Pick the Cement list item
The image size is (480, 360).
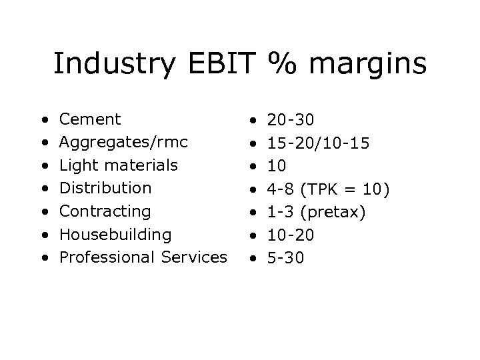click(x=90, y=119)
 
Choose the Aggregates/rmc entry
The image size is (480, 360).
click(x=123, y=143)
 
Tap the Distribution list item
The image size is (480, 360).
click(x=105, y=188)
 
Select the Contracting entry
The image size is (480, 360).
click(x=105, y=211)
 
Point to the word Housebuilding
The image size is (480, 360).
click(x=115, y=234)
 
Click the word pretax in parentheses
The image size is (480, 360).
click(x=341, y=211)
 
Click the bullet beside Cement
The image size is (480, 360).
click(x=43, y=121)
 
